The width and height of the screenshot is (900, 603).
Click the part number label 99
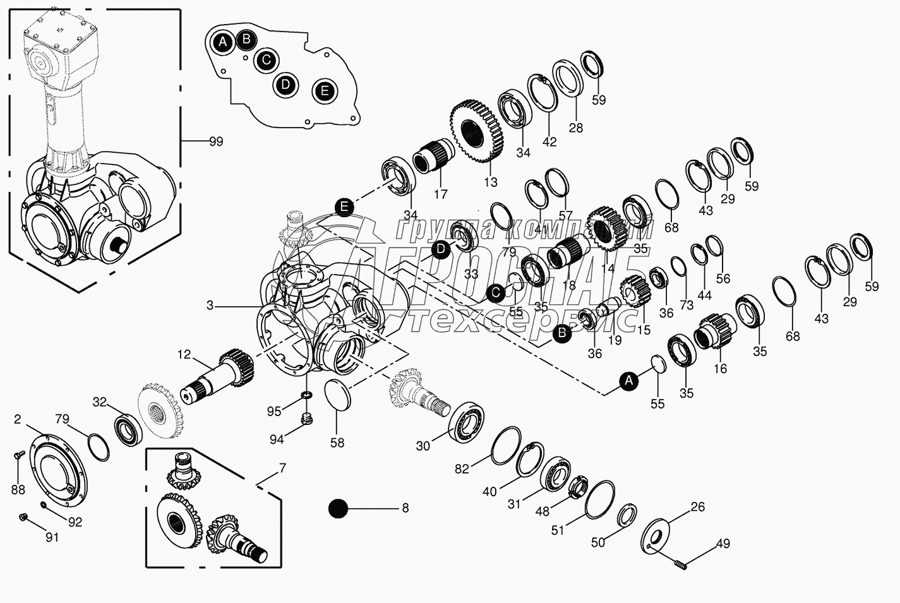(x=216, y=142)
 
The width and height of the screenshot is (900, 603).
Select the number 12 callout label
(x=184, y=355)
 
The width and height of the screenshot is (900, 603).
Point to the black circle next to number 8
(x=339, y=508)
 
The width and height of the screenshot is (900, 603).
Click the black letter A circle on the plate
(x=222, y=42)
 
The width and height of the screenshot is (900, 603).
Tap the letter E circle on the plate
(x=325, y=91)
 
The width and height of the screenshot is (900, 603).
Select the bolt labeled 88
(x=18, y=454)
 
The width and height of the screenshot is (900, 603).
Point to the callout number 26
(x=697, y=506)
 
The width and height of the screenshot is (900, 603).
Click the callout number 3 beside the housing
(x=210, y=306)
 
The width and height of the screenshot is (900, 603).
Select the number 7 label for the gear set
(x=282, y=469)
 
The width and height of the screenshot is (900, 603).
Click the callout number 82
(x=462, y=469)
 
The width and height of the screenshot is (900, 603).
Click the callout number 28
(x=575, y=128)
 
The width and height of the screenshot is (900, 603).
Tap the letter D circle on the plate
(x=286, y=84)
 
